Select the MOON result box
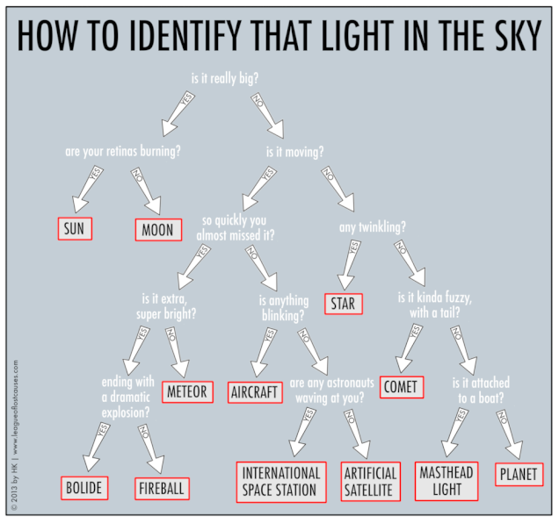coord(159,231)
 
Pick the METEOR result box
coord(186,391)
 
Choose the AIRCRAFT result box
coord(255,391)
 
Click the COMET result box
coord(402,387)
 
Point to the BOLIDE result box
coord(85,486)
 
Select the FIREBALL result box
coord(163,486)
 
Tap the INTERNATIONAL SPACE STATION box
coord(281,481)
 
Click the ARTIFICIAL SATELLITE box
coord(370,481)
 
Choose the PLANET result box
coord(519,474)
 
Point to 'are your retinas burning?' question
coord(123,151)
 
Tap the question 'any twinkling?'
coord(373,227)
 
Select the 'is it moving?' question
coord(294,151)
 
